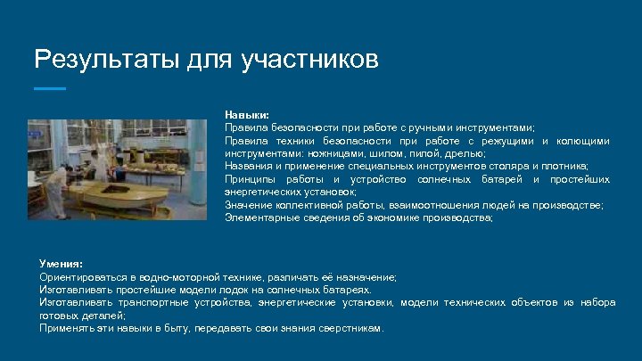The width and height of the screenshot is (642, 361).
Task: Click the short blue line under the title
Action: click(x=49, y=88)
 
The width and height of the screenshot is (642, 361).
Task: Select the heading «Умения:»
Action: click(x=61, y=264)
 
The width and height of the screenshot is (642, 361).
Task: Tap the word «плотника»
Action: click(x=564, y=166)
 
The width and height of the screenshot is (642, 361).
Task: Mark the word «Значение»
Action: click(x=247, y=205)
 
